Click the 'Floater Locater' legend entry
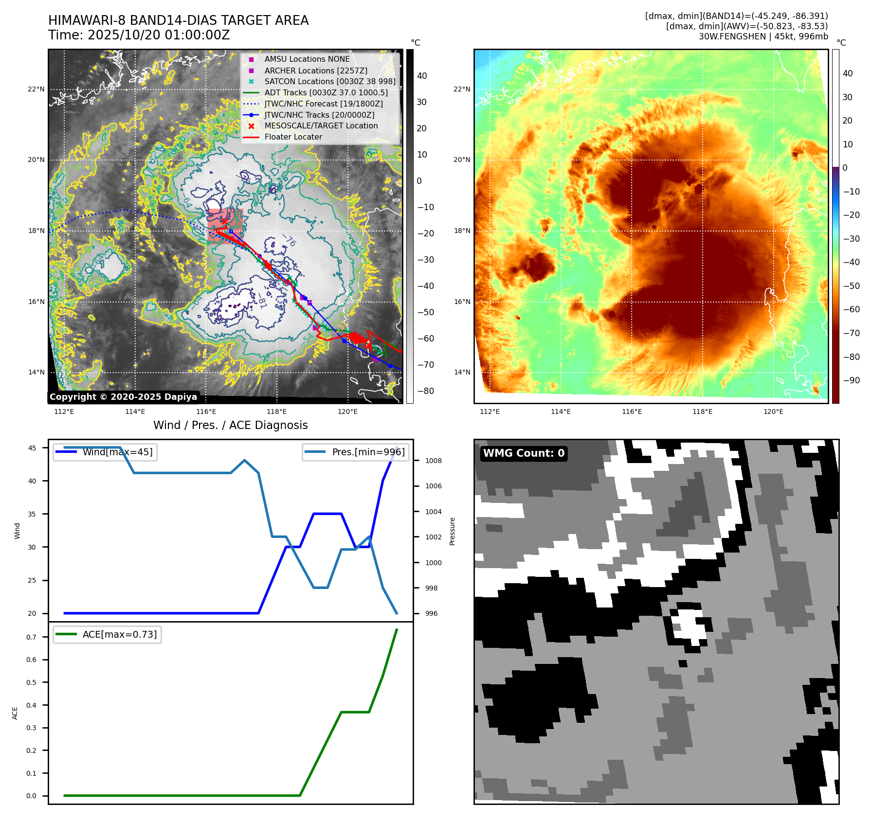point(293,137)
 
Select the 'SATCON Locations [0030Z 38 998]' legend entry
point(330,82)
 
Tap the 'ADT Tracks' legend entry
point(326,93)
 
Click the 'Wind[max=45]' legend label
point(117,452)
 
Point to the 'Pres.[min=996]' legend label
point(368,452)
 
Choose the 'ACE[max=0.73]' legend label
point(120,635)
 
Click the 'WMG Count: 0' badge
point(524,453)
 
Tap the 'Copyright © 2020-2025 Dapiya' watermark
point(123,397)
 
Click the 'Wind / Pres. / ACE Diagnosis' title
point(231,426)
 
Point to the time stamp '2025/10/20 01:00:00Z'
point(159,36)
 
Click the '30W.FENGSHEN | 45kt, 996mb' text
point(763,36)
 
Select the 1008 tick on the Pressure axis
point(433,461)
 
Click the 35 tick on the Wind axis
point(32,514)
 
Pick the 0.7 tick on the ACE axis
point(31,637)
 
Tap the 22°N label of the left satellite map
point(36,89)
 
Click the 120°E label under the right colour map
point(773,412)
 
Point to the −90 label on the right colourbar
point(851,380)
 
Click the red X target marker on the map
point(224,221)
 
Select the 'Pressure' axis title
point(453,531)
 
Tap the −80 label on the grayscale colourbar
point(425,391)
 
